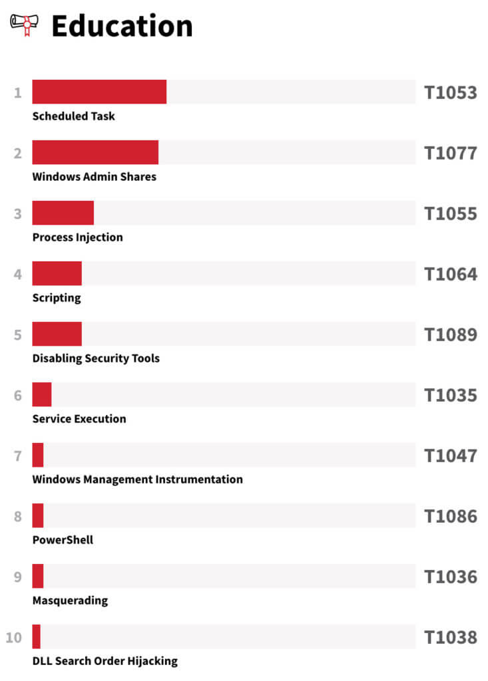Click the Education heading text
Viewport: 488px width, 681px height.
tap(122, 26)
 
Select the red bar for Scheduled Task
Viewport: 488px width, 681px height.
tap(99, 92)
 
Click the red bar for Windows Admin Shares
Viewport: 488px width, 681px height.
tap(95, 152)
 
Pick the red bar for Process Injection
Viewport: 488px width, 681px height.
tap(63, 213)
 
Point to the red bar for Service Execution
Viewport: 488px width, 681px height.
tap(42, 394)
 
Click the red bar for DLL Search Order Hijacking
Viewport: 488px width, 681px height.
tap(37, 636)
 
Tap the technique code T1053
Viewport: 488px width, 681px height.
tap(451, 92)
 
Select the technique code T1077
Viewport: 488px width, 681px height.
tap(451, 153)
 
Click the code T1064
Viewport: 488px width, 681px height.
tap(451, 274)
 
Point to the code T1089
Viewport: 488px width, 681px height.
tap(451, 335)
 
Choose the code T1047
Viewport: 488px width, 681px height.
tap(451, 456)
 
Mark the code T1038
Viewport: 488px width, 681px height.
tap(451, 637)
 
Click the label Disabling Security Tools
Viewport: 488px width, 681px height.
tap(96, 358)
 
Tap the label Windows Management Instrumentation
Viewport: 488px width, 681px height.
tap(137, 479)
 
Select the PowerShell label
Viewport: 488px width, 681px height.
tap(63, 540)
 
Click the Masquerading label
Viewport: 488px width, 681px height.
tap(70, 601)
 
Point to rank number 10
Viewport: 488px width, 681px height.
tap(14, 638)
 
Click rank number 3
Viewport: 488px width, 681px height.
tap(18, 214)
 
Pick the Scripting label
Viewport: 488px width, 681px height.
tap(57, 298)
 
